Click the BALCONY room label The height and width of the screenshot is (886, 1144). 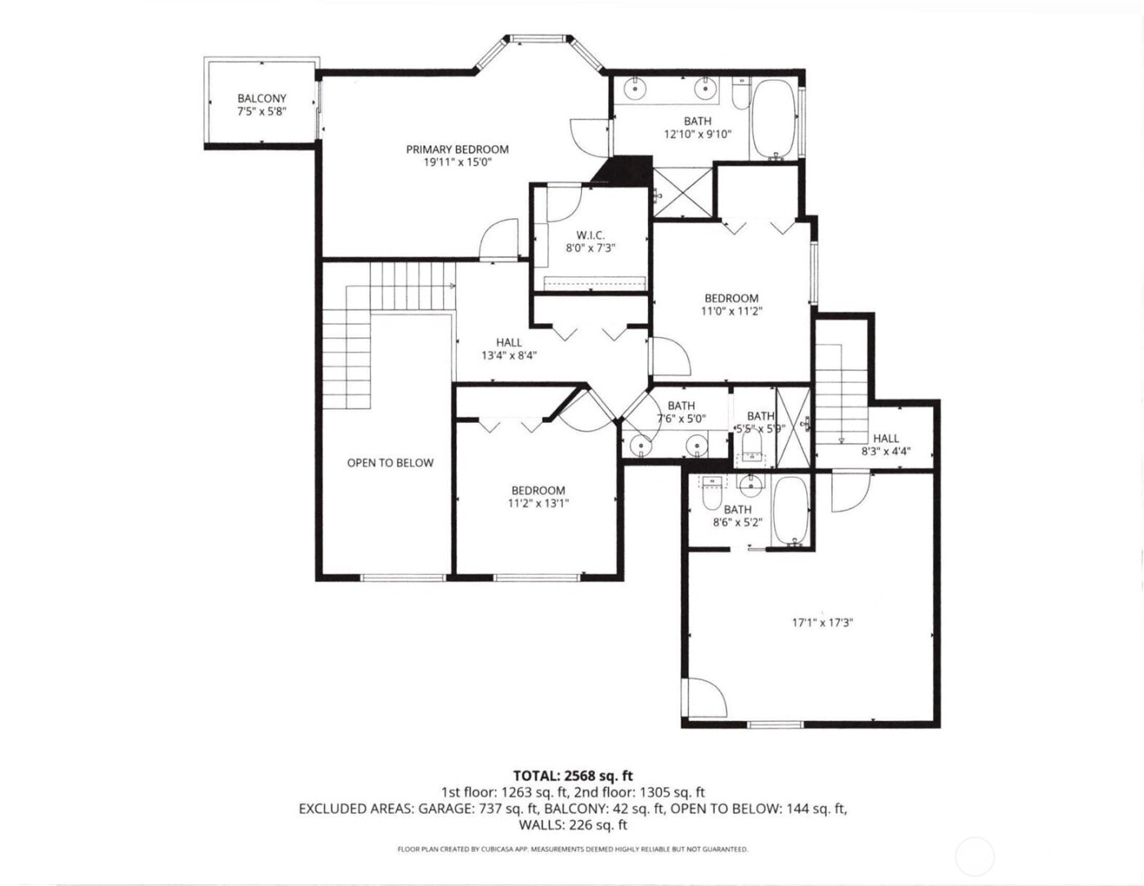click(261, 98)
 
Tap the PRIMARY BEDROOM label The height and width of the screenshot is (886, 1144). click(458, 149)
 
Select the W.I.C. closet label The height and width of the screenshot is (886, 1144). click(590, 235)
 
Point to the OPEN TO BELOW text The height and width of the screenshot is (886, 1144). click(390, 463)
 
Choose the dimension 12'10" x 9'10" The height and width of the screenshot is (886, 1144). click(698, 135)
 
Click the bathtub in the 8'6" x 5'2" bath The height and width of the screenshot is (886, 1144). click(790, 511)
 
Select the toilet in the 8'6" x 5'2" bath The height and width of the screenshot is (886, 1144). click(709, 496)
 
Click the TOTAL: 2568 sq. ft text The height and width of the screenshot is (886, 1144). click(573, 775)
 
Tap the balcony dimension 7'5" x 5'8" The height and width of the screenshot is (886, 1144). click(261, 111)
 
